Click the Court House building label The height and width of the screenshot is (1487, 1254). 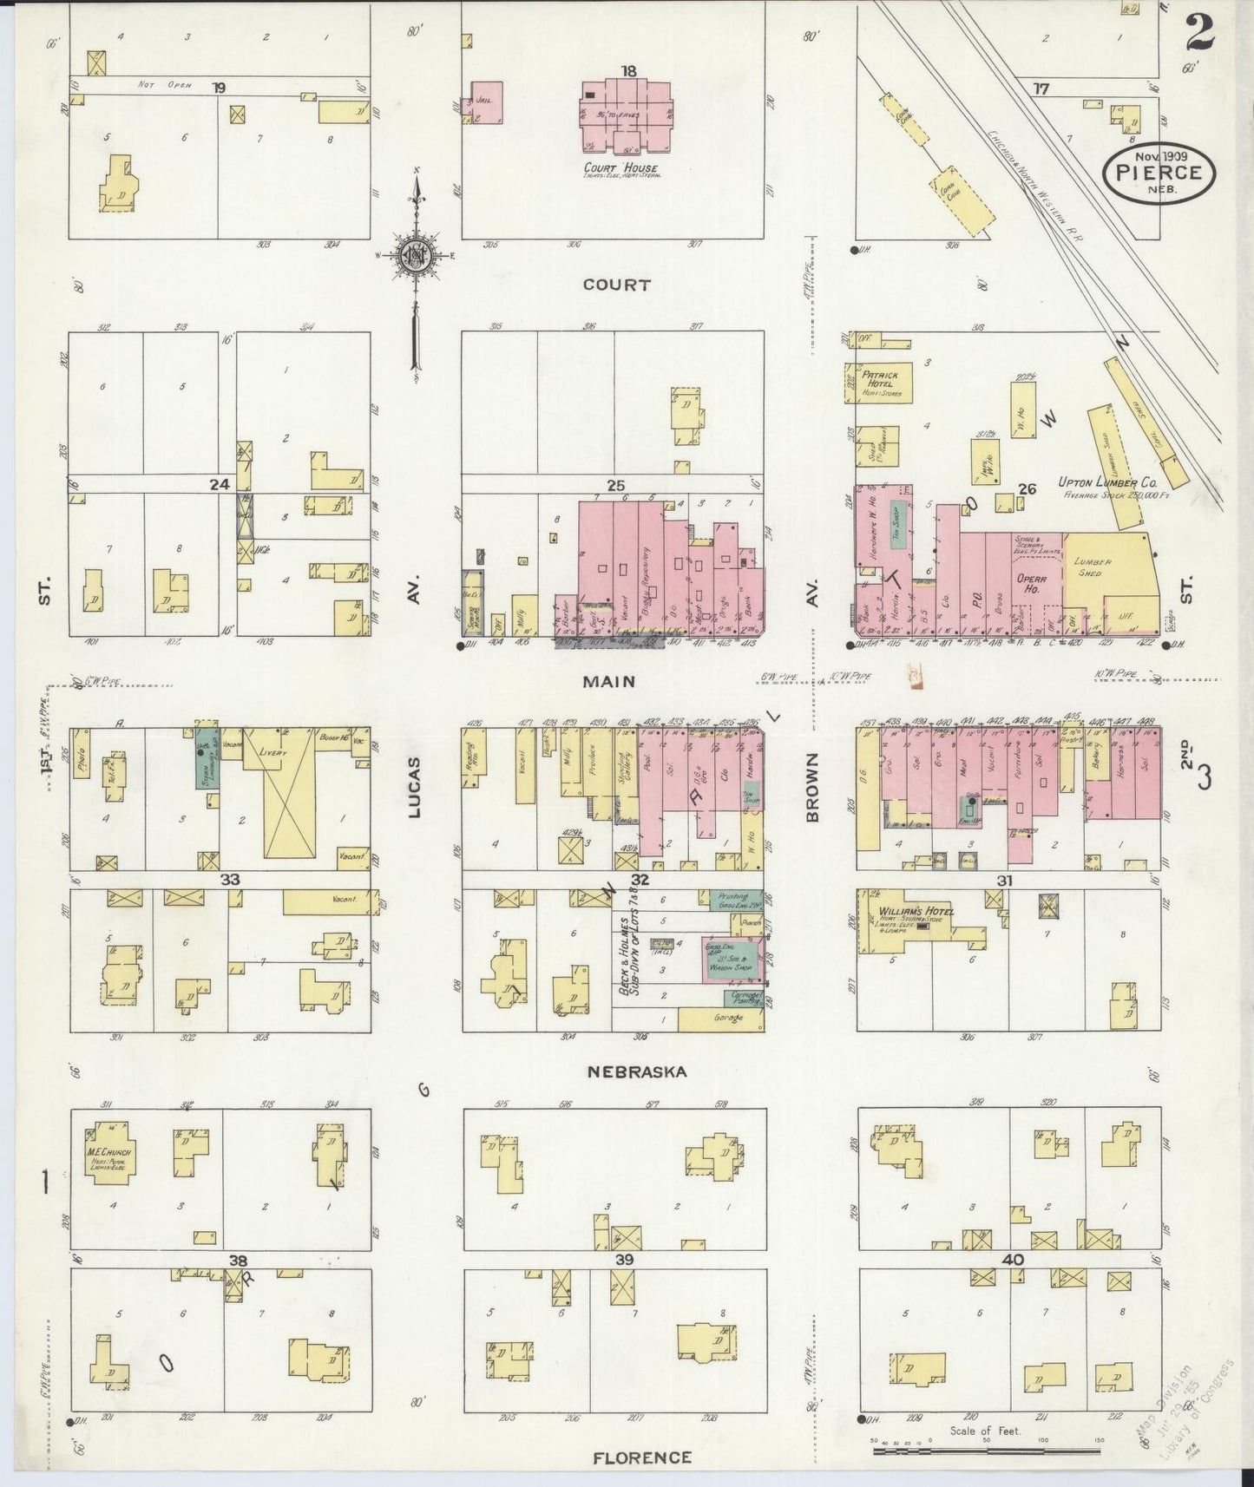point(621,167)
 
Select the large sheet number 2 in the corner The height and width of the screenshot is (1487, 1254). point(1198,32)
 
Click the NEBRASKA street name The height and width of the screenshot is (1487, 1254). point(636,1071)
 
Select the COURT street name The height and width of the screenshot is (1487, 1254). point(616,285)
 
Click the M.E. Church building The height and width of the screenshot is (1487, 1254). point(108,1152)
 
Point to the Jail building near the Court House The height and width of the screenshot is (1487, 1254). point(487,102)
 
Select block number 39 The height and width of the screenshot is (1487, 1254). point(624,1259)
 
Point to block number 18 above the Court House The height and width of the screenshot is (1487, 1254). point(628,71)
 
